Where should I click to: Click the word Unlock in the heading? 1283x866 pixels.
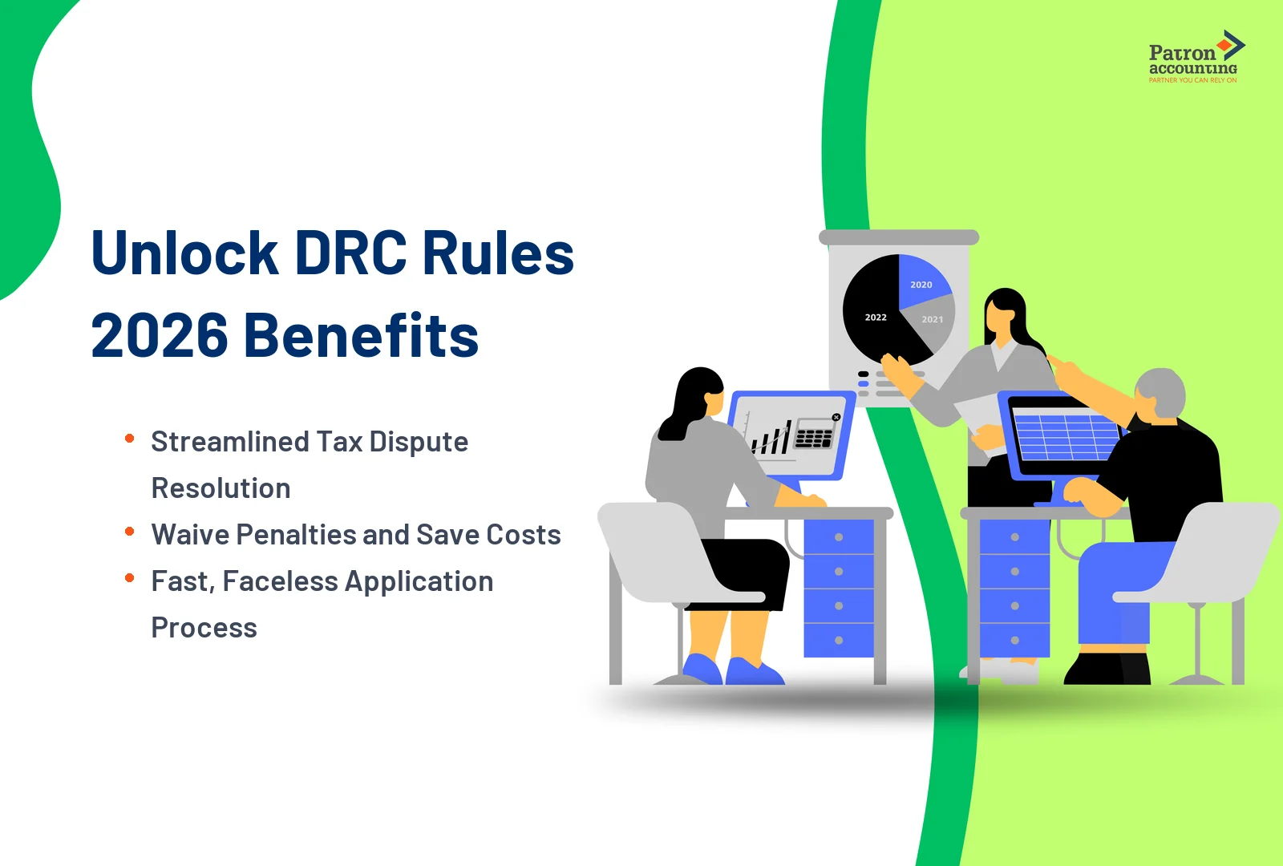[x=184, y=253]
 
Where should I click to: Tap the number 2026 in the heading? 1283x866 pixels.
[x=159, y=335]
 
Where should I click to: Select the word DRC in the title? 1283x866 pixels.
[x=350, y=253]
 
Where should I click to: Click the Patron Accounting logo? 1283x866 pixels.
[x=1194, y=58]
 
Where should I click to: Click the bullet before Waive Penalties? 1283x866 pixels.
[x=129, y=532]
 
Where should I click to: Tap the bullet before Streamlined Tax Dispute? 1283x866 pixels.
[x=129, y=438]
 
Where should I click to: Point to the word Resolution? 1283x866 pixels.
[x=221, y=488]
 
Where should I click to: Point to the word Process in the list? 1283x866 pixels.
[x=204, y=628]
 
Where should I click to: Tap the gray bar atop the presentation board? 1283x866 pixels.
[x=898, y=237]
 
